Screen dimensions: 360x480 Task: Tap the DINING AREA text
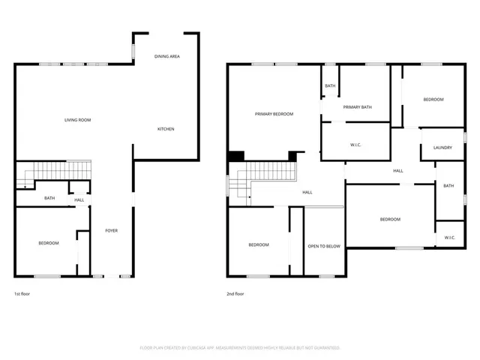tap(166, 56)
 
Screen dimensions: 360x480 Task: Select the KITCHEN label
tap(166, 129)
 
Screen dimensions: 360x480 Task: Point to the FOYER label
tap(111, 230)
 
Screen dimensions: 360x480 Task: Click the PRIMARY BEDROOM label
tap(274, 114)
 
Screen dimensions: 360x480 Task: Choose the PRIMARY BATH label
tap(357, 107)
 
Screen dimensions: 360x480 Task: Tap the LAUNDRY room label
tap(442, 148)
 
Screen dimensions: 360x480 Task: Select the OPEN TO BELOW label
tap(324, 245)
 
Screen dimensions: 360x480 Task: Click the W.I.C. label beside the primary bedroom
tap(356, 144)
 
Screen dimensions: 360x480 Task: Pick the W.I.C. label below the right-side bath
tap(450, 238)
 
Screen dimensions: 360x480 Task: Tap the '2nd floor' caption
tap(235, 294)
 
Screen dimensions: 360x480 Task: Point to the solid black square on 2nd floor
tap(236, 156)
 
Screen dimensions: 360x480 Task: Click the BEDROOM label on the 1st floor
tap(49, 243)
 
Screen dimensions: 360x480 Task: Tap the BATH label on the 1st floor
tap(49, 198)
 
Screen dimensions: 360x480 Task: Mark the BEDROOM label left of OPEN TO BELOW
tap(259, 245)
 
